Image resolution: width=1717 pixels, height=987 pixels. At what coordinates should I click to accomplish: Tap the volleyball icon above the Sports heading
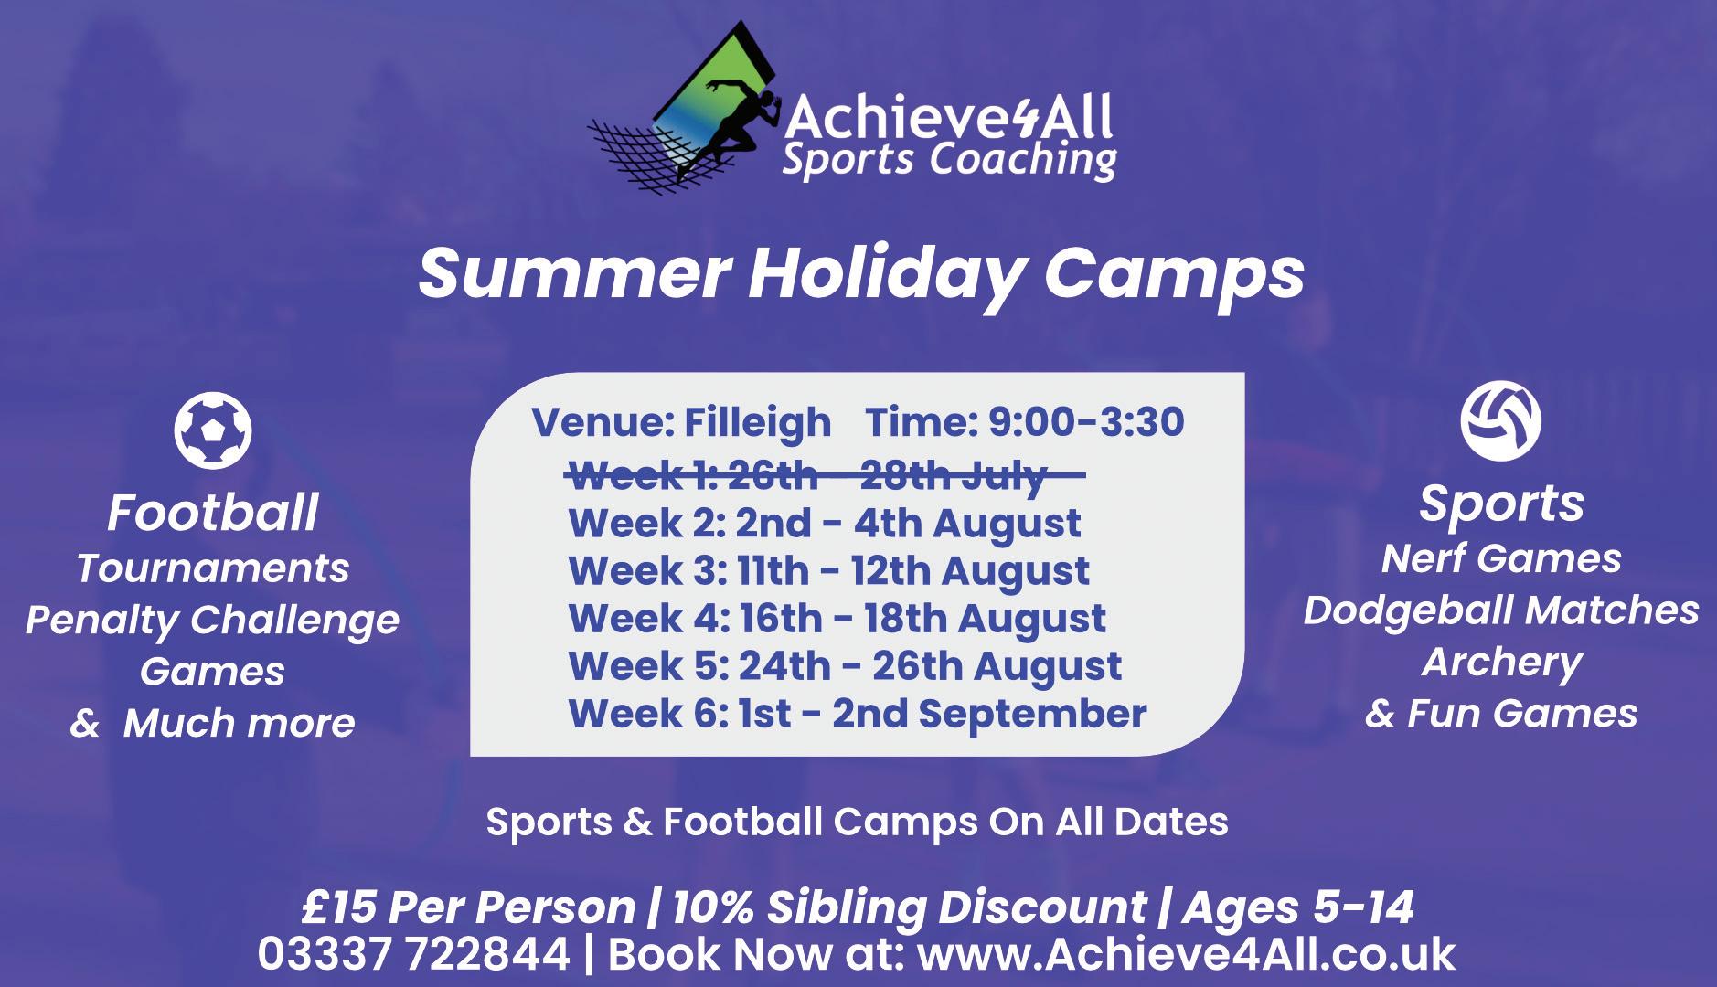(1500, 420)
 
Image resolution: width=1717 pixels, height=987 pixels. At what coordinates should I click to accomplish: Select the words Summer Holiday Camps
(860, 273)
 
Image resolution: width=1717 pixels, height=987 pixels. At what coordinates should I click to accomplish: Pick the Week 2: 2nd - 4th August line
(825, 524)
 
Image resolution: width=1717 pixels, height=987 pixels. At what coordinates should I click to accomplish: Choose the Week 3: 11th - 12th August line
(828, 571)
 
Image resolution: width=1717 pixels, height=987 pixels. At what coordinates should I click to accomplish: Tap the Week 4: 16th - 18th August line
(837, 619)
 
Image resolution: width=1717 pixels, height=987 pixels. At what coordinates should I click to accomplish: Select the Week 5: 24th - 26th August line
(845, 666)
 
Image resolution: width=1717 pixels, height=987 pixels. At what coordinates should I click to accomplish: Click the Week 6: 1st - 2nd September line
(857, 714)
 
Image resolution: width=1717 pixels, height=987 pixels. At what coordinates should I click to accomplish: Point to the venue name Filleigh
(758, 423)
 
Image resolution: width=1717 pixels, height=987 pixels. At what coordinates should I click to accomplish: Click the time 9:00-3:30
(1086, 422)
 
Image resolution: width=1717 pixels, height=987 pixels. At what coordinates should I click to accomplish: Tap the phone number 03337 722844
(414, 954)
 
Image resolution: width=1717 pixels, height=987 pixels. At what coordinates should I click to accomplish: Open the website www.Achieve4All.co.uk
(1186, 954)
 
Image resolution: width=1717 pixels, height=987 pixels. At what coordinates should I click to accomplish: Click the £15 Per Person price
(468, 907)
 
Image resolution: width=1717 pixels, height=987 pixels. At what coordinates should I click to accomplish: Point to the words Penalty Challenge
(212, 621)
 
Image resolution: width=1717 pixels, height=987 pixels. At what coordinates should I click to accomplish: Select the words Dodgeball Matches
(1501, 610)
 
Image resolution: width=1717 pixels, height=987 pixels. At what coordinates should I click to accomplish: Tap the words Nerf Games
(1501, 558)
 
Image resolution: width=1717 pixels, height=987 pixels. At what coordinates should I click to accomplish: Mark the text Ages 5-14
(1298, 908)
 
